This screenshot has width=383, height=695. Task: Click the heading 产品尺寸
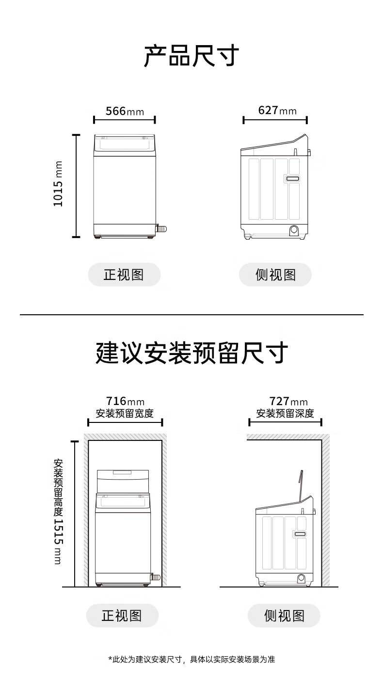[x=191, y=56]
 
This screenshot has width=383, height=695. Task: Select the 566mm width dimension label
[x=125, y=111]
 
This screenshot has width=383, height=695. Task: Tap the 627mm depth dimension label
[x=277, y=111]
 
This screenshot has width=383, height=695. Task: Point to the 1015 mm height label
[x=58, y=184]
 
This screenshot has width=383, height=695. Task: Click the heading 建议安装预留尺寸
[x=191, y=353]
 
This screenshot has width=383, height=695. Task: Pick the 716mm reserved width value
[x=125, y=402]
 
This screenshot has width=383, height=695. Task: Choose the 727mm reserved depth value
[x=288, y=402]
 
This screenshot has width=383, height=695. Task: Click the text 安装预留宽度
[x=125, y=414]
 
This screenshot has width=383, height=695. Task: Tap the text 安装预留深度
[x=285, y=414]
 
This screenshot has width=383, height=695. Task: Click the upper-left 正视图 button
[x=124, y=275]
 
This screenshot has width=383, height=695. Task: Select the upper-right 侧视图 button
[x=275, y=275]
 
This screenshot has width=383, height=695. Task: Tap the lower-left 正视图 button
[x=122, y=615]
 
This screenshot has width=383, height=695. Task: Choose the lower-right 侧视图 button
[x=284, y=615]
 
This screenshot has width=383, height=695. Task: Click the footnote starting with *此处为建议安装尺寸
[x=191, y=659]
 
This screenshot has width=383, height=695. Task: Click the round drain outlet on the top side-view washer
[x=294, y=230]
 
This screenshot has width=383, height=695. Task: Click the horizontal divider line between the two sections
[x=191, y=315]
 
